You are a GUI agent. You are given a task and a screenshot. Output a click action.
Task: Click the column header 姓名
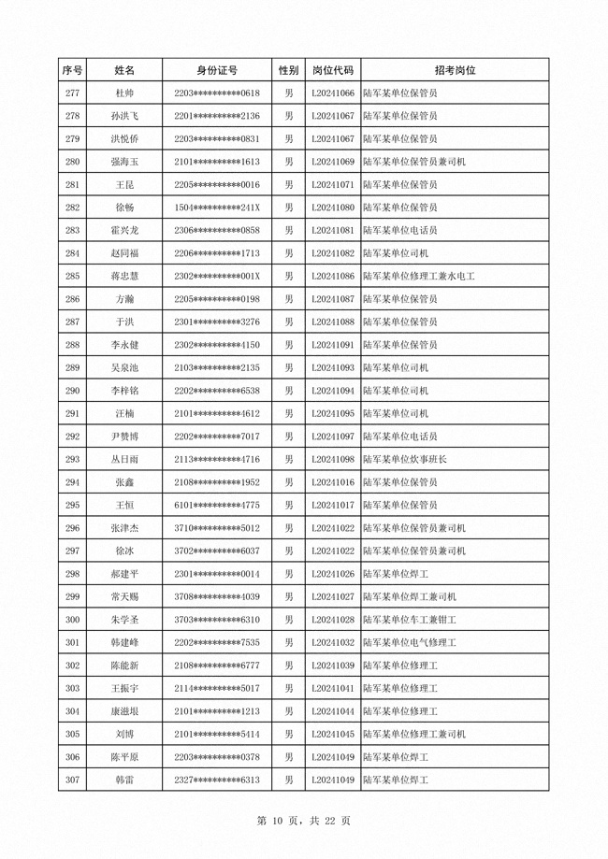(x=123, y=70)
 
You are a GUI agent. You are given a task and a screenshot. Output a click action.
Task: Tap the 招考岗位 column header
(x=454, y=70)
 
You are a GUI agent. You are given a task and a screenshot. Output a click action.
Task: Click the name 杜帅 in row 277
(x=123, y=93)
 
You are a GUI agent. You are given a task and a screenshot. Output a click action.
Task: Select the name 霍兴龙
(x=123, y=230)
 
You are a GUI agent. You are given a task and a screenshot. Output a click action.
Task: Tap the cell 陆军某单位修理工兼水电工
(x=419, y=276)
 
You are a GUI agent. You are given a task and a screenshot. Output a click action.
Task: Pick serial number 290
(x=72, y=391)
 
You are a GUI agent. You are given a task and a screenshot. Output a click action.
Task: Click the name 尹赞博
(x=123, y=437)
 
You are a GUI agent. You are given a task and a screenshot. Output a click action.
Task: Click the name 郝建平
(x=123, y=574)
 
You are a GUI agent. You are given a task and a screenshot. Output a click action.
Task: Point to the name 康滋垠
(x=123, y=711)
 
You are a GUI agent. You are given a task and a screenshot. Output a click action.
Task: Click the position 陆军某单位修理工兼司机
(x=413, y=734)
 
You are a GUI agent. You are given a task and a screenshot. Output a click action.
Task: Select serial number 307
(x=72, y=780)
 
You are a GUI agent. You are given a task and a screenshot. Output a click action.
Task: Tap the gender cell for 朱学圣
(x=289, y=620)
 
